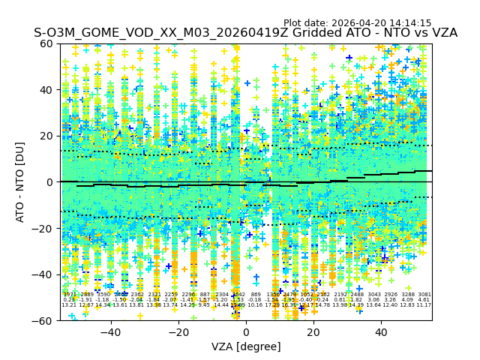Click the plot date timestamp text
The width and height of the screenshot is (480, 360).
click(x=357, y=23)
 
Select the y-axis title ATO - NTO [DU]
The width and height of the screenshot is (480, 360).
click(x=21, y=181)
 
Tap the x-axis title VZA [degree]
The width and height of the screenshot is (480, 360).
click(x=246, y=346)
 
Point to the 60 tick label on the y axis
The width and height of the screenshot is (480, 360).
click(x=46, y=43)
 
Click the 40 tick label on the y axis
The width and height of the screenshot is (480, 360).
click(x=46, y=90)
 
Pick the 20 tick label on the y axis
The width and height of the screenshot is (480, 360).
click(x=46, y=136)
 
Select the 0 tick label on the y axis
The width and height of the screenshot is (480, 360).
click(x=49, y=182)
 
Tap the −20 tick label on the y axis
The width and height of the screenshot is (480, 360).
click(x=43, y=228)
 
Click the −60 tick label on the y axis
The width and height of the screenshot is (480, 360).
click(x=43, y=320)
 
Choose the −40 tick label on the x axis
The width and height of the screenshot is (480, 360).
click(x=110, y=332)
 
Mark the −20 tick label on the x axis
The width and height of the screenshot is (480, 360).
click(x=178, y=332)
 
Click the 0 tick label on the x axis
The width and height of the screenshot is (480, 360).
click(x=246, y=332)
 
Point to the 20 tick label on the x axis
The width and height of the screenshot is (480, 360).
click(x=313, y=332)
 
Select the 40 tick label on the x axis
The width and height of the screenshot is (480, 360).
click(x=381, y=332)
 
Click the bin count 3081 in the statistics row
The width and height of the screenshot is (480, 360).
click(x=424, y=295)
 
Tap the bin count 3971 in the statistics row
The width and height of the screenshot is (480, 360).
click(x=69, y=295)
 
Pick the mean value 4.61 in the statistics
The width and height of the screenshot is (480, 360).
click(x=424, y=300)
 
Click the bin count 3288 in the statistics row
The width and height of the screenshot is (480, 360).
click(x=408, y=295)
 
